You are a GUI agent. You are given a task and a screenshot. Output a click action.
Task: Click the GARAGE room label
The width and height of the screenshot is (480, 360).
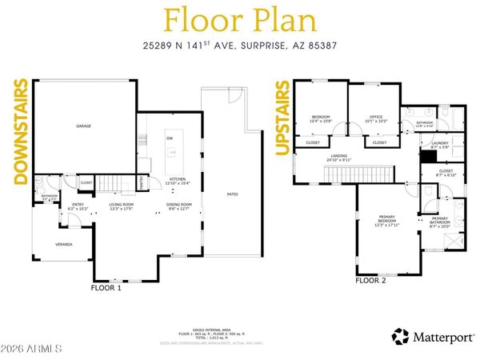tap(82, 126)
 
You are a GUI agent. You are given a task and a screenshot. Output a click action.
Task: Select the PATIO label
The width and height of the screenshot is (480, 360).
tap(233, 194)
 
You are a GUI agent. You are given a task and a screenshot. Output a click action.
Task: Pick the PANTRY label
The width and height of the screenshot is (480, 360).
tap(144, 185)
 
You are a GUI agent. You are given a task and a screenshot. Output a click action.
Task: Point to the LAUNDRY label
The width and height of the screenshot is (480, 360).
tap(440, 144)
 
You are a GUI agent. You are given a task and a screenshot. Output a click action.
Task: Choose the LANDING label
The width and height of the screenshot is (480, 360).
tap(339, 156)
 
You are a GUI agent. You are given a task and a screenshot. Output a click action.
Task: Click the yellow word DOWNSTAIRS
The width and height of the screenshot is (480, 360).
tap(21, 131)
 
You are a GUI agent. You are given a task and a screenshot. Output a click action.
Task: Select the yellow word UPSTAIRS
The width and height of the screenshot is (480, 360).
tap(282, 117)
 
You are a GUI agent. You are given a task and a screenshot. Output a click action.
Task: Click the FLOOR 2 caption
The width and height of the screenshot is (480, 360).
tap(370, 281)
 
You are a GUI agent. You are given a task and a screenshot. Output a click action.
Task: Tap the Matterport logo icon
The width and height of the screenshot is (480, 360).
tap(400, 337)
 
